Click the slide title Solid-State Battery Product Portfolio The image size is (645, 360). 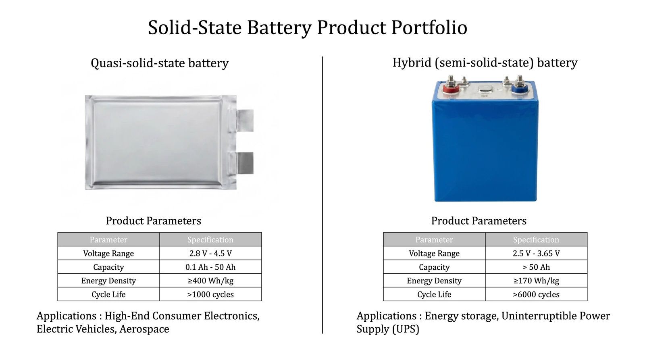click(307, 28)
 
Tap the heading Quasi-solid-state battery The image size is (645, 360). click(160, 63)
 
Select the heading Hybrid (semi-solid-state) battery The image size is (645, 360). click(485, 63)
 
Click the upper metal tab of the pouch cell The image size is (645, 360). click(245, 120)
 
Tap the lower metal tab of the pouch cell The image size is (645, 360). click(244, 163)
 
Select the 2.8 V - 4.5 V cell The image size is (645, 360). click(210, 254)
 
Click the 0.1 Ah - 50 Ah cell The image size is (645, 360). click(210, 267)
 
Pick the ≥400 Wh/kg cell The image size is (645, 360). click(210, 281)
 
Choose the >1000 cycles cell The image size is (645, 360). click(210, 295)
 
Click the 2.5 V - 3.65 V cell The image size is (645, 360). click(536, 254)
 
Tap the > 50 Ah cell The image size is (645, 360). click(536, 267)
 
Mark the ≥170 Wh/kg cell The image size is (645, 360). click(536, 281)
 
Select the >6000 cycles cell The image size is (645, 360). click(536, 295)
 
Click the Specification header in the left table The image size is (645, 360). click(210, 240)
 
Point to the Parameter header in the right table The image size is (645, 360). click(434, 240)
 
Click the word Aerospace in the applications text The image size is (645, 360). click(144, 329)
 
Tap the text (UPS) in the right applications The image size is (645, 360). click(406, 329)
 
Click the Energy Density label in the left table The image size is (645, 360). click(108, 281)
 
